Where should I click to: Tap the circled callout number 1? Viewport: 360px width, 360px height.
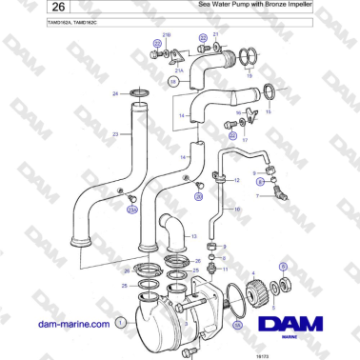(x=119, y=323)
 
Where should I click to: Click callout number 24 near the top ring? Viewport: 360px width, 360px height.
(x=115, y=93)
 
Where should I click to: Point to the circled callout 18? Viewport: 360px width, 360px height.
(x=173, y=83)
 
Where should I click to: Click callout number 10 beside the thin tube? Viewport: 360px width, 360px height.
(x=237, y=207)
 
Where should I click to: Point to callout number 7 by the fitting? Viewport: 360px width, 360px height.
(x=256, y=196)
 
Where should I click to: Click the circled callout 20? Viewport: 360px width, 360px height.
(x=198, y=196)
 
